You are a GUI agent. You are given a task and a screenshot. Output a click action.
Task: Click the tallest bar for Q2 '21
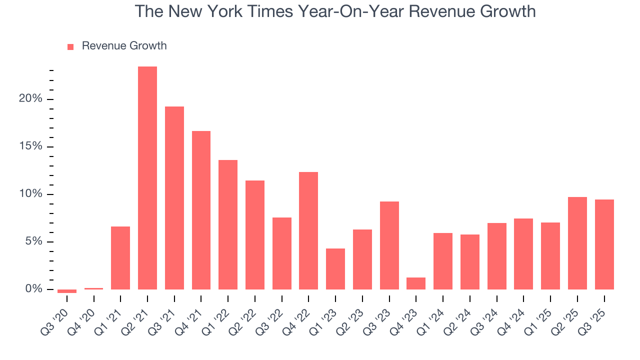[x=147, y=178]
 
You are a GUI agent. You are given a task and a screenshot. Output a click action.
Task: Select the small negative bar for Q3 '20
[x=67, y=291]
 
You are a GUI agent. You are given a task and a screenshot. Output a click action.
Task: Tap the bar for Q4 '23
[x=416, y=283]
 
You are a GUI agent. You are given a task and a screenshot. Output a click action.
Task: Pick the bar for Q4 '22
[x=308, y=230]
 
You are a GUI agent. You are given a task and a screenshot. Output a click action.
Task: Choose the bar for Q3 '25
[x=604, y=244]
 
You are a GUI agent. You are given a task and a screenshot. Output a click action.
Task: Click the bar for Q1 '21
[x=120, y=258]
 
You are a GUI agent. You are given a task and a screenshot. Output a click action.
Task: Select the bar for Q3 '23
[x=389, y=245]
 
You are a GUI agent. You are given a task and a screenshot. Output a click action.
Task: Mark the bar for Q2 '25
[x=577, y=243]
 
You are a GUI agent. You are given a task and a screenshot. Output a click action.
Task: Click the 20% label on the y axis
[x=30, y=99]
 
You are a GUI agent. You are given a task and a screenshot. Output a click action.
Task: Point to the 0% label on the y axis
[x=33, y=289]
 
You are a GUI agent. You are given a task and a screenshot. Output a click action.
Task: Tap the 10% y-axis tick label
[x=30, y=194]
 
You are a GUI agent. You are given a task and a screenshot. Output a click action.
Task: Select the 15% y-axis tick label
[x=30, y=146]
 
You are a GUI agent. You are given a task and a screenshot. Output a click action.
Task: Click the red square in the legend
[x=70, y=46]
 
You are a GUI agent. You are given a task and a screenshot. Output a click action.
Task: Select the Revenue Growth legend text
[x=124, y=46]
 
